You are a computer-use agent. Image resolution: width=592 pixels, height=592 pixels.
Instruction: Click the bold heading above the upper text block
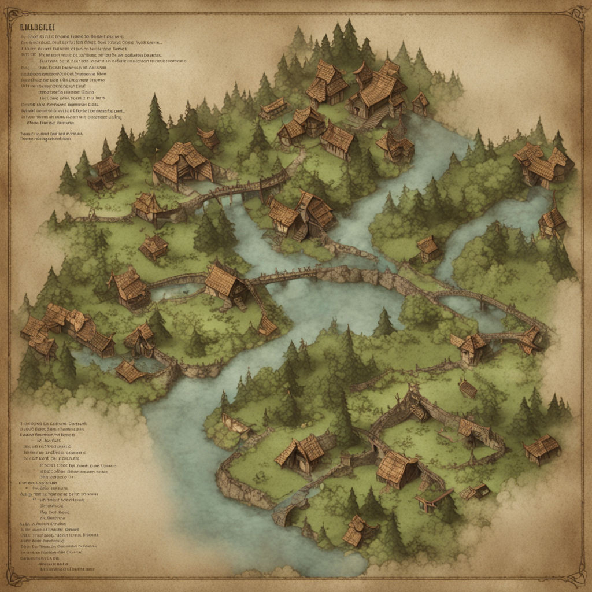(37, 27)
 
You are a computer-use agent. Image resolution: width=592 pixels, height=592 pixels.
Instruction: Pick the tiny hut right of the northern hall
(420, 103)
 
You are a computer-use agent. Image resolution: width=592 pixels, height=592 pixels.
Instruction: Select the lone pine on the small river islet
(384, 324)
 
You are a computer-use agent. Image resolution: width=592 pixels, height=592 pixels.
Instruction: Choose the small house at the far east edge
(552, 222)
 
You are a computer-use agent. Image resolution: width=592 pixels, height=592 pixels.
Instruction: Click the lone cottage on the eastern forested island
(428, 247)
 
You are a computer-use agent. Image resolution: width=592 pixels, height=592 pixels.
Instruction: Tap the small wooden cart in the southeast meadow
(468, 388)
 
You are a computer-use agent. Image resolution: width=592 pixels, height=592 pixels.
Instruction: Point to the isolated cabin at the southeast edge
(542, 449)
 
